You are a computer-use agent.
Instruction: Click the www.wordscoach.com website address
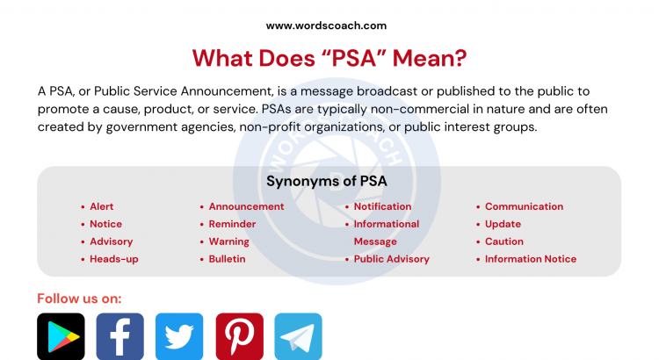[326, 25]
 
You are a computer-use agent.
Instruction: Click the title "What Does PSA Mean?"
[329, 58]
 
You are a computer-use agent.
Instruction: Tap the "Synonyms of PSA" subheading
[327, 182]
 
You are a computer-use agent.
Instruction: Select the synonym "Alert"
[102, 206]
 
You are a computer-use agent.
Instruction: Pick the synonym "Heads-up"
[114, 259]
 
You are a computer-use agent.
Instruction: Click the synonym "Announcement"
[246, 206]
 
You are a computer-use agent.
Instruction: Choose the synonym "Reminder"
[232, 224]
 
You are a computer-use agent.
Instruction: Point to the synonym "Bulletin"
[227, 259]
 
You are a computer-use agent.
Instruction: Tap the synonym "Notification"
[382, 206]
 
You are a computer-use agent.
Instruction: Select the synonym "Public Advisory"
[391, 259]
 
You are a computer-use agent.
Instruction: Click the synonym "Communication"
[524, 206]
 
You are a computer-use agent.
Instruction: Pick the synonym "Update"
[503, 224]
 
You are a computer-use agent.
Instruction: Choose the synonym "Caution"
[503, 241]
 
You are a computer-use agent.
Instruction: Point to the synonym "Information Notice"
[531, 259]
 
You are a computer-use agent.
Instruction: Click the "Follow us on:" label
[79, 298]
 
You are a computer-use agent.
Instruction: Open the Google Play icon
[61, 336]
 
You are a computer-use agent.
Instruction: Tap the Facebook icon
[119, 336]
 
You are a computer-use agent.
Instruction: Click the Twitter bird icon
[179, 336]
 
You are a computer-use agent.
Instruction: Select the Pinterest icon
[239, 336]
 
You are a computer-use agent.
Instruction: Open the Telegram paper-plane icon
[298, 336]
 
